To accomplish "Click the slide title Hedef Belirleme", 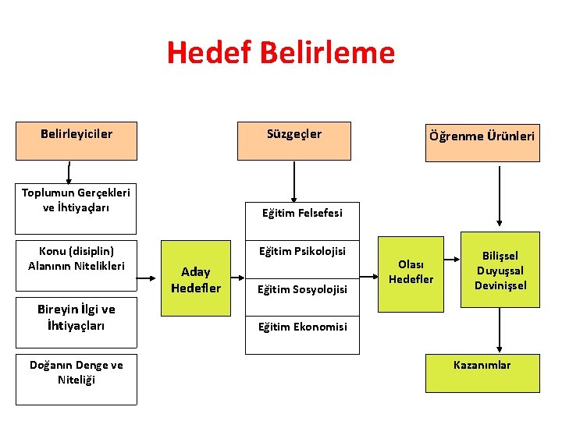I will click(x=281, y=53).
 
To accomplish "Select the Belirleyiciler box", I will click(x=76, y=140).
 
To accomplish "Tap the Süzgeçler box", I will click(x=293, y=140).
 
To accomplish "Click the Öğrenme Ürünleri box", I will click(x=482, y=141).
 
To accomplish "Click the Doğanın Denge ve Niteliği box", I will click(x=76, y=378).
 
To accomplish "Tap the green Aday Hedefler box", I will click(x=195, y=278).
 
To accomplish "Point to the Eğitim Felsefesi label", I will click(x=302, y=213).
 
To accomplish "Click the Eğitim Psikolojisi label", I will click(x=302, y=251).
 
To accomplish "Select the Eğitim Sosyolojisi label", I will click(x=302, y=289).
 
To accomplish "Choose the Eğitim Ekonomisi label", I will click(x=302, y=327).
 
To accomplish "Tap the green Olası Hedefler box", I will click(x=411, y=271).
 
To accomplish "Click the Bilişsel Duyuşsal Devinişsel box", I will click(x=500, y=271).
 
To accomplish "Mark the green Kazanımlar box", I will click(x=482, y=371).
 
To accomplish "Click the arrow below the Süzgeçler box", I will click(x=294, y=181).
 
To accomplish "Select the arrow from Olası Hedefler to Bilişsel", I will click(x=452, y=271).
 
